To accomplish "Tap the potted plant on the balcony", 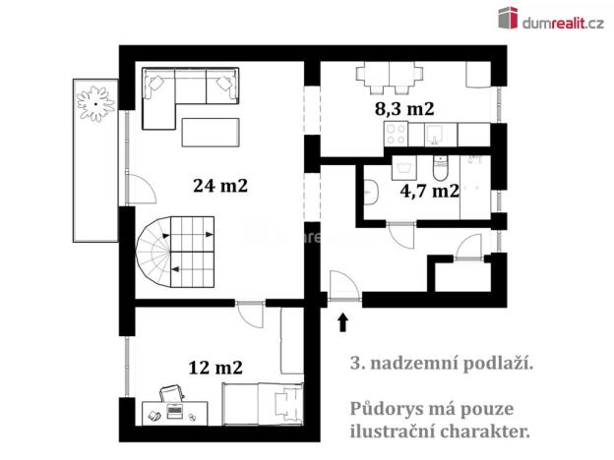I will tap(97, 99).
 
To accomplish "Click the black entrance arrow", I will tap(342, 320).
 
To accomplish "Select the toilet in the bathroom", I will tap(440, 167).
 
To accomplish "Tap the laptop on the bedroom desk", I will tap(173, 394).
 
